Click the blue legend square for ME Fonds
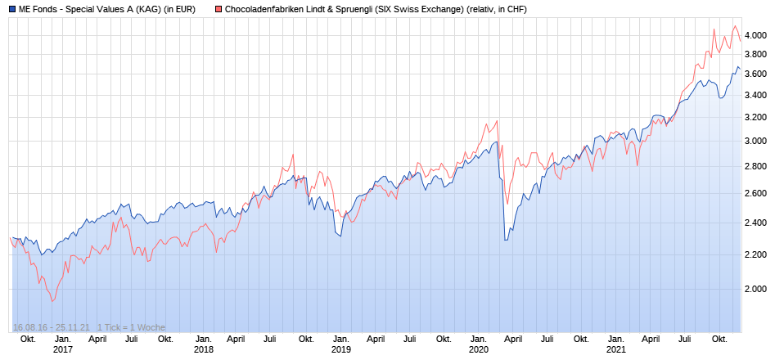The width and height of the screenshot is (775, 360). click(x=11, y=9)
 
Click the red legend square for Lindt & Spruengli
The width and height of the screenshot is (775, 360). click(x=218, y=9)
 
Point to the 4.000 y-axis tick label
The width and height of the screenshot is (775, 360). click(x=756, y=35)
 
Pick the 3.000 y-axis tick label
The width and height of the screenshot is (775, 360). click(x=756, y=141)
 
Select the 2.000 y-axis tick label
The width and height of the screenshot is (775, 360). click(x=756, y=289)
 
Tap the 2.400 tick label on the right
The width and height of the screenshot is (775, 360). click(x=756, y=223)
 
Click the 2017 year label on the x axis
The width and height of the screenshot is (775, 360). click(x=63, y=349)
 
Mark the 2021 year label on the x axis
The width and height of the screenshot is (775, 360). click(x=616, y=349)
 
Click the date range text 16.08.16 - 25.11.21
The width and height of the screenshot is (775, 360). click(x=51, y=327)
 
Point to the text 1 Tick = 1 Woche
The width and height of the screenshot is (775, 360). click(x=131, y=327)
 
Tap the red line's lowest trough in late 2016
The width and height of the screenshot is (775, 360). click(x=53, y=301)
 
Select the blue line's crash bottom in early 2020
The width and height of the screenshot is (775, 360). click(x=505, y=240)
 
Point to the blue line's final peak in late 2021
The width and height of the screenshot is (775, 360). click(x=737, y=67)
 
